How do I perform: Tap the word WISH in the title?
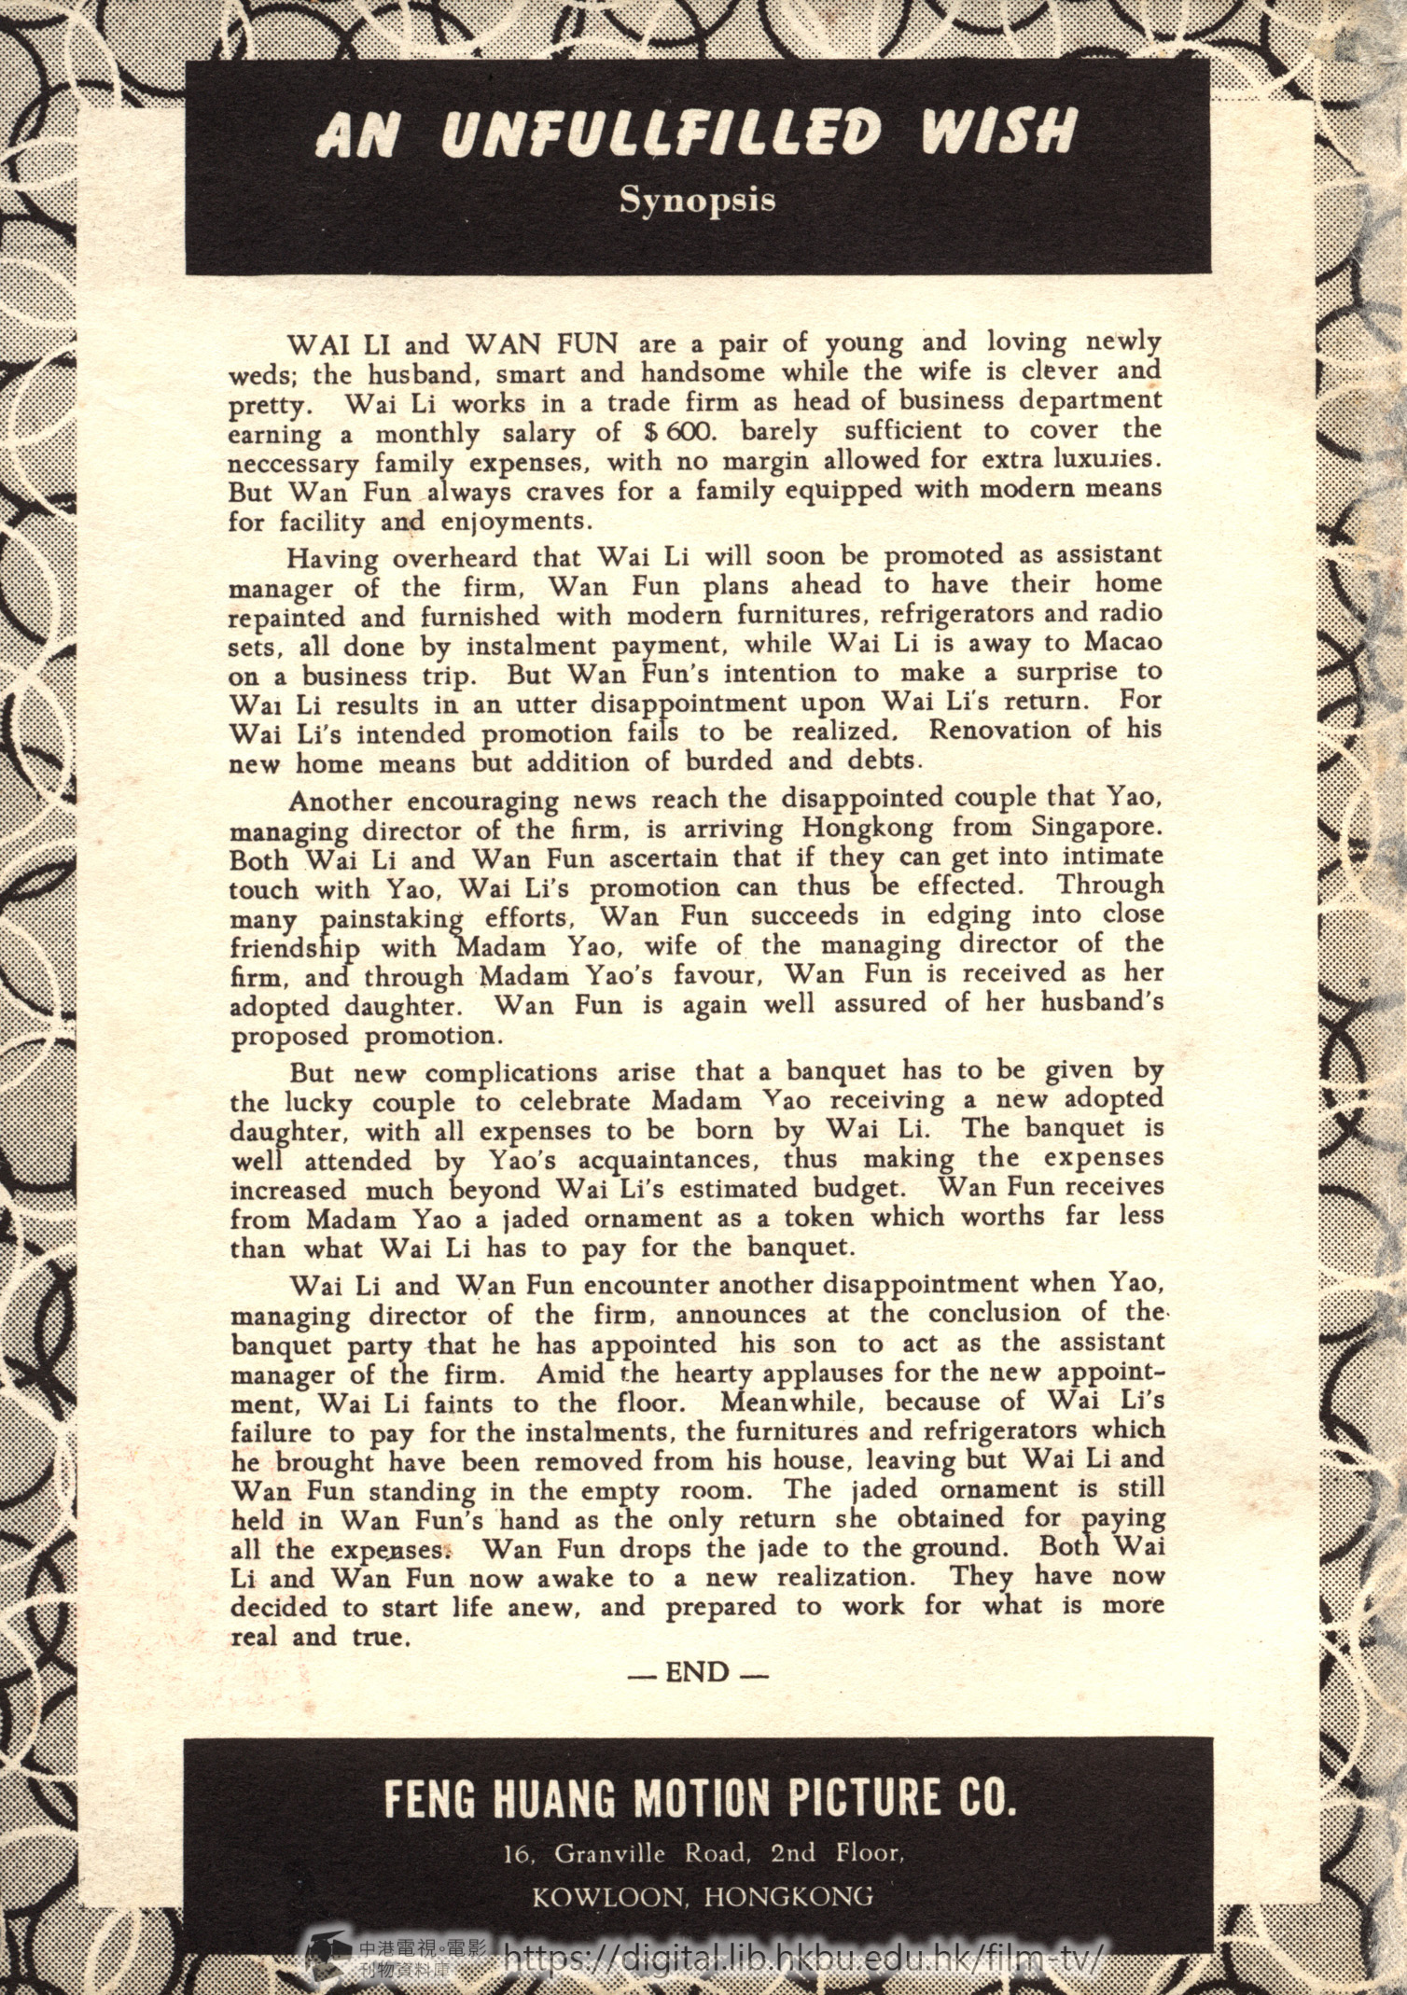pyautogui.click(x=999, y=132)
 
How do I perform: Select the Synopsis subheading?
pyautogui.click(x=697, y=201)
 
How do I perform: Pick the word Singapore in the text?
pyautogui.click(x=1097, y=828)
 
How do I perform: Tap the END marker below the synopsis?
pyautogui.click(x=697, y=1672)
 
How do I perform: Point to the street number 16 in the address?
pyautogui.click(x=516, y=1854)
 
